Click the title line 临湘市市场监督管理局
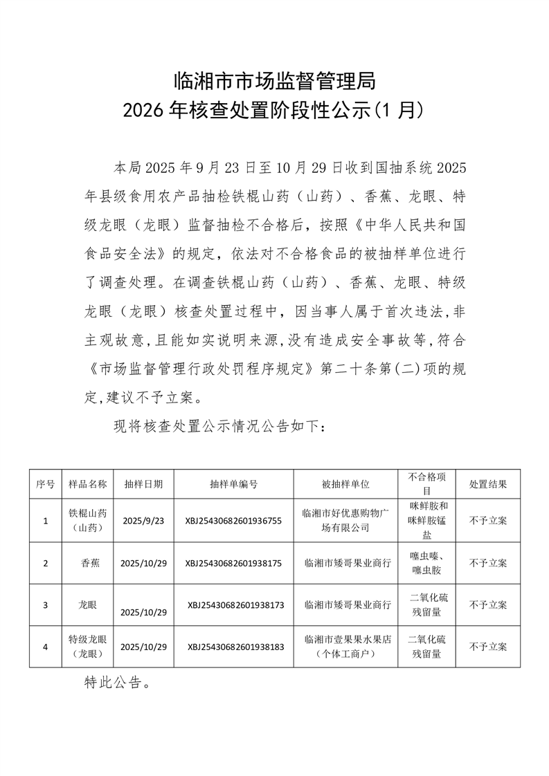(274, 82)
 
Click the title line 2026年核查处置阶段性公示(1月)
(274, 110)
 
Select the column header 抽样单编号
(233, 484)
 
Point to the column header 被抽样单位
(346, 484)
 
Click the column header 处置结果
(488, 484)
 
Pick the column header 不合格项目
(429, 483)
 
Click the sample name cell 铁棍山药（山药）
(87, 520)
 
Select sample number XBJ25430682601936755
(233, 521)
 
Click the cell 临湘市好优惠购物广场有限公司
(346, 520)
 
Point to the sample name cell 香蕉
(90, 563)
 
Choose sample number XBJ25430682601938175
(233, 563)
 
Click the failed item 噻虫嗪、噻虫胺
(429, 563)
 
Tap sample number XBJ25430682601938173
(235, 604)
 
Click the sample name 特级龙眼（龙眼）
(87, 646)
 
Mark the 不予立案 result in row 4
(488, 647)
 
